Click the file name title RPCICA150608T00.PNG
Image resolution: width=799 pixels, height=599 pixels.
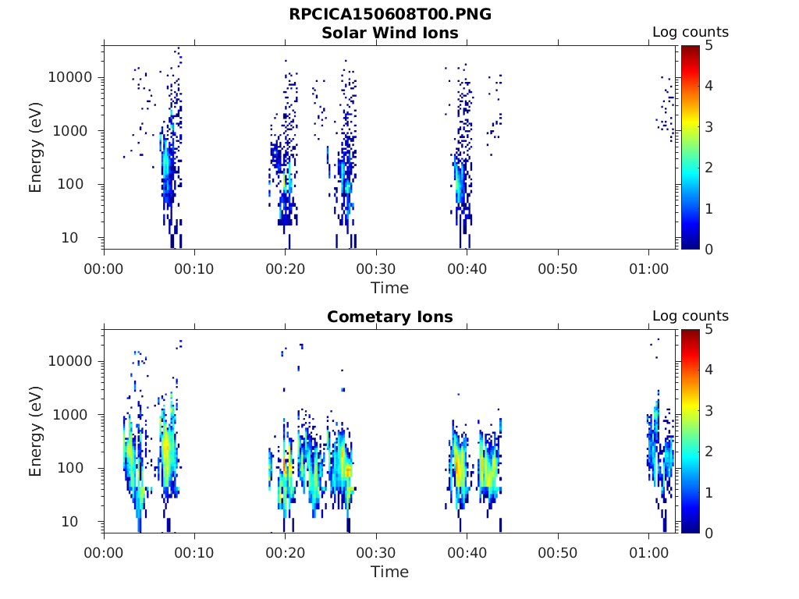pos(390,15)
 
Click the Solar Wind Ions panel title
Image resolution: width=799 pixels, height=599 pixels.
pos(390,33)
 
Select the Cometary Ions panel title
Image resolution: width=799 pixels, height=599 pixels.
pos(390,317)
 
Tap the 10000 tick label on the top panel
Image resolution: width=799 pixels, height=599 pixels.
pos(72,78)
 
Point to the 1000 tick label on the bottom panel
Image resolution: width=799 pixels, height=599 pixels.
pos(76,415)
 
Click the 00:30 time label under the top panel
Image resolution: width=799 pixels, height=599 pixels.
pos(376,268)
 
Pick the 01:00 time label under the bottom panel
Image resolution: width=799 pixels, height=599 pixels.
pos(648,552)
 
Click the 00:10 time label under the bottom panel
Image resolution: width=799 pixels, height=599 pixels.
pos(195,552)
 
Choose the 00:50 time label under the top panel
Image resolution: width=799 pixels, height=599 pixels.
pos(558,268)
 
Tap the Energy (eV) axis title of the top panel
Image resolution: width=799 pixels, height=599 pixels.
pos(36,148)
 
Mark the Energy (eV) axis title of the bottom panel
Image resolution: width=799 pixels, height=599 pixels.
pos(36,432)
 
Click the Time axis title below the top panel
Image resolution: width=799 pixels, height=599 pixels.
pos(389,288)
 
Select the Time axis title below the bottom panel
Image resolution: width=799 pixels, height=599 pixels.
pos(389,572)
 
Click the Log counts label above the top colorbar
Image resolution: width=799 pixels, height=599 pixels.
pos(691,32)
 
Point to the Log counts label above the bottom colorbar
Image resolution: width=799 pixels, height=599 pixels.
pos(691,316)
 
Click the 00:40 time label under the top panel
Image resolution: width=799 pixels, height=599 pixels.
pos(467,268)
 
